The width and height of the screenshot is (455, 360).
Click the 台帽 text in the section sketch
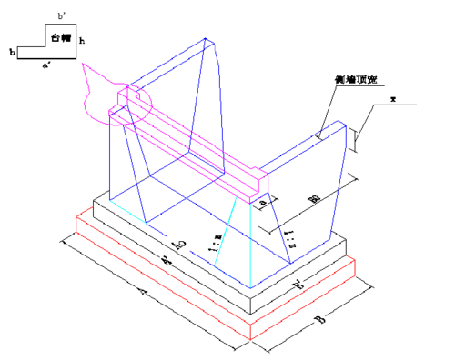point(61,41)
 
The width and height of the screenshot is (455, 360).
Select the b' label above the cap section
point(61,16)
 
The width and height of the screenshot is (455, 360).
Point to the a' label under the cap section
point(46,66)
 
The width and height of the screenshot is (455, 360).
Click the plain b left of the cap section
point(12,54)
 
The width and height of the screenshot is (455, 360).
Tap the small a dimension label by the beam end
point(263,205)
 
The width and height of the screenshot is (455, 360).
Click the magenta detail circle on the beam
point(130,100)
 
